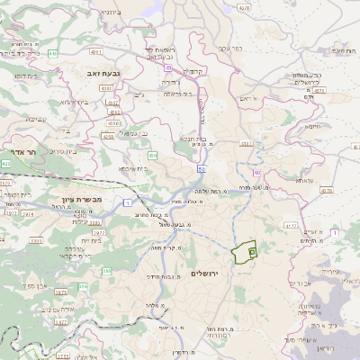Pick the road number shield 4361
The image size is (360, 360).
pyautogui.click(x=107, y=88)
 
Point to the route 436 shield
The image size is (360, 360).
pyautogui.click(x=153, y=156)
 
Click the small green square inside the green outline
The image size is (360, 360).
pyautogui.click(x=253, y=252)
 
